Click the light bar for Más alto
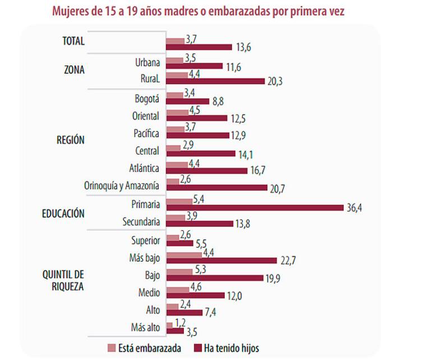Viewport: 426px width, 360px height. [169, 325]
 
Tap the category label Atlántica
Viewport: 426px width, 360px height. [143, 168]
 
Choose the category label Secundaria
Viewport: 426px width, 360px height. [141, 222]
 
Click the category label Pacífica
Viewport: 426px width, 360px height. [146, 133]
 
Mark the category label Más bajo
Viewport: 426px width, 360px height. [144, 258]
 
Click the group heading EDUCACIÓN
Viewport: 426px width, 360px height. [63, 214]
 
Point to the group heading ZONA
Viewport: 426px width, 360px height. [73, 71]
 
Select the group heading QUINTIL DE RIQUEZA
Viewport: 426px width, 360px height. [63, 280]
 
